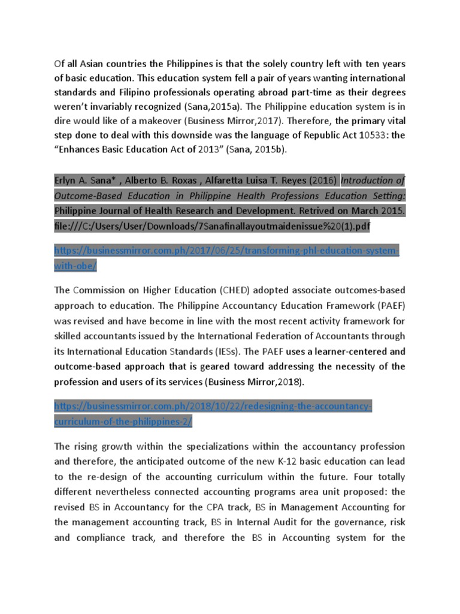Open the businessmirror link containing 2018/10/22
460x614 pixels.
(213, 407)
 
